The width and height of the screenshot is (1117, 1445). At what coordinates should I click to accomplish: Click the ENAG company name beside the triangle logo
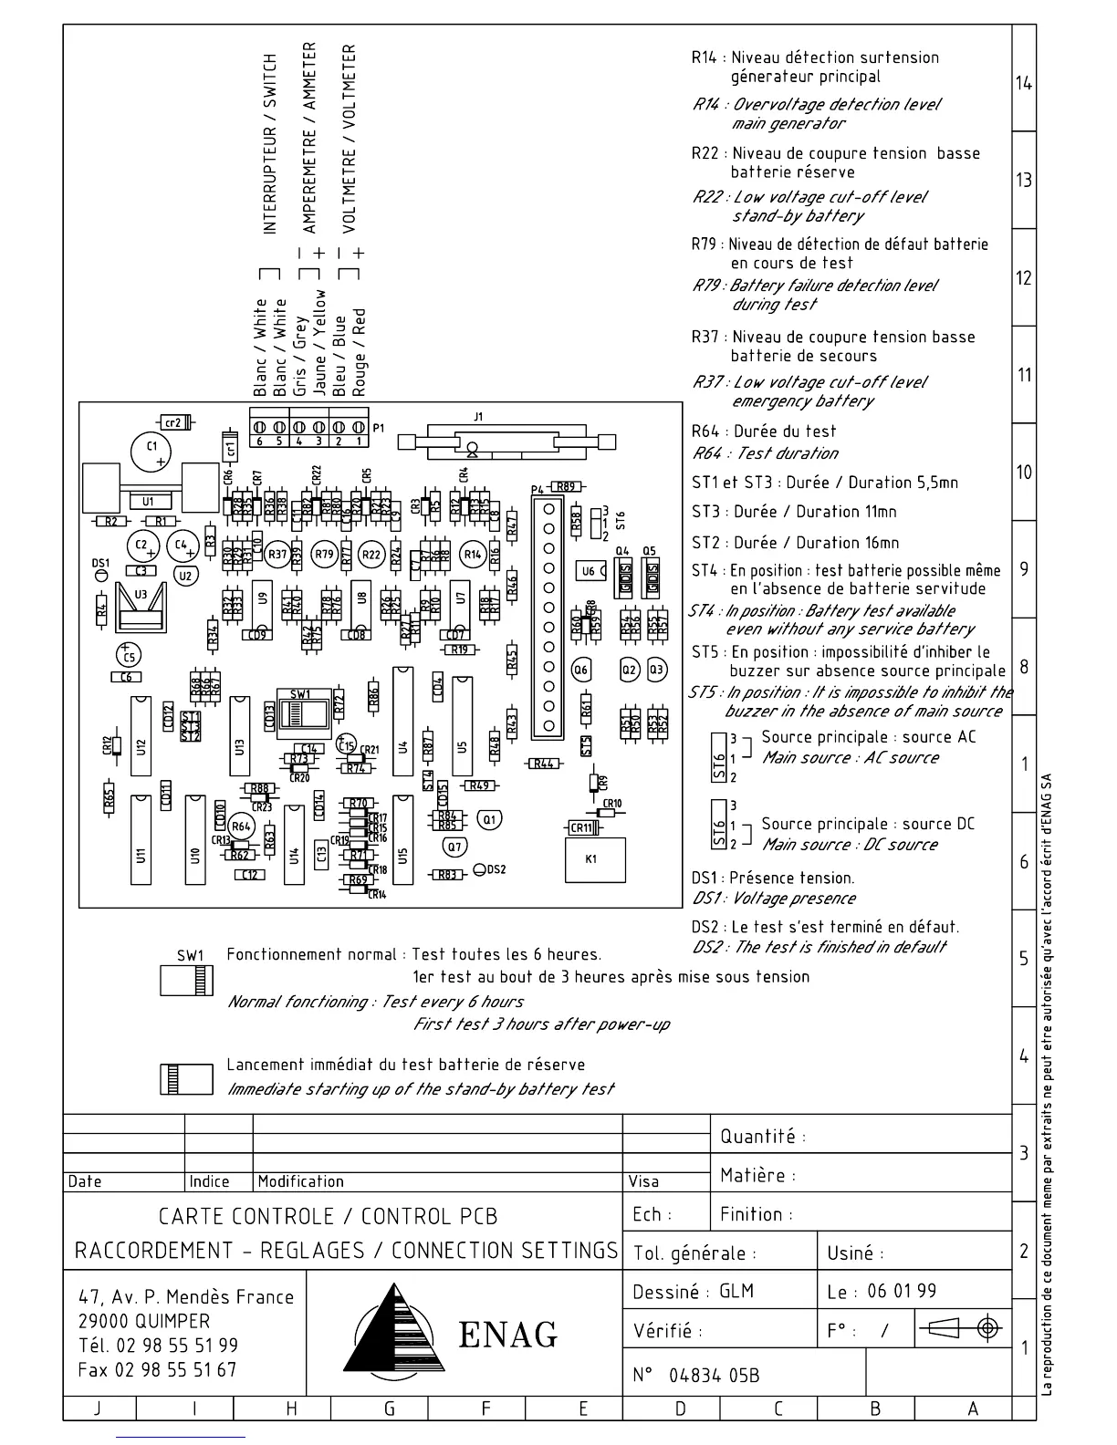pyautogui.click(x=507, y=1335)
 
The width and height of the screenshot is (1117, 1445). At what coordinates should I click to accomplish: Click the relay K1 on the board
pyautogui.click(x=595, y=859)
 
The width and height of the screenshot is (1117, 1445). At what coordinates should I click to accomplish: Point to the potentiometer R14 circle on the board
pyautogui.click(x=473, y=554)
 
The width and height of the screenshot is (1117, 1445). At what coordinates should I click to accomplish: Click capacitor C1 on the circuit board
pyautogui.click(x=152, y=449)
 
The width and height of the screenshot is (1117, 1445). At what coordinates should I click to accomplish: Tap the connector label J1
pyautogui.click(x=478, y=417)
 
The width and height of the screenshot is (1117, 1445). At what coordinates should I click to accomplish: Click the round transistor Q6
pyautogui.click(x=581, y=671)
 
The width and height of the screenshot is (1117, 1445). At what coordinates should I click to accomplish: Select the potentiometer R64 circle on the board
pyautogui.click(x=241, y=826)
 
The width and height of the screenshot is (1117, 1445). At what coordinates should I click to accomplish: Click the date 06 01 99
pyautogui.click(x=901, y=1291)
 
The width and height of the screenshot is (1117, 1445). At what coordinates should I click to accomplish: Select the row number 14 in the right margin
pyautogui.click(x=1024, y=84)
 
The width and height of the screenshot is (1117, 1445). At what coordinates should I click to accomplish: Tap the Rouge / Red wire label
pyautogui.click(x=359, y=352)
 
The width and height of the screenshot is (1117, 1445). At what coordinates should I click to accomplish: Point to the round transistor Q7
pyautogui.click(x=454, y=847)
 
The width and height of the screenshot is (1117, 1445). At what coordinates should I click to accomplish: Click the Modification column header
pyautogui.click(x=301, y=1181)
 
